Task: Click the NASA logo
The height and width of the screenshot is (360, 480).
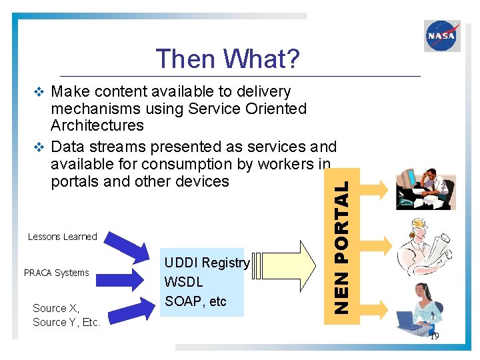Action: coord(442,36)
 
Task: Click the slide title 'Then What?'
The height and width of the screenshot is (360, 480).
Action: coord(227,59)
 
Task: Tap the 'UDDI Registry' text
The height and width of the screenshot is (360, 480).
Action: coord(207,263)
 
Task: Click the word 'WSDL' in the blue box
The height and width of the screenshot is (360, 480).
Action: coord(183,282)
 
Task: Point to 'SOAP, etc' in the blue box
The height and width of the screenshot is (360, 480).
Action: coord(195,301)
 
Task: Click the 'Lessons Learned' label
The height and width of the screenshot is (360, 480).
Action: coord(62,237)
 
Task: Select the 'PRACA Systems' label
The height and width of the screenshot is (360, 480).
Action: coord(56,273)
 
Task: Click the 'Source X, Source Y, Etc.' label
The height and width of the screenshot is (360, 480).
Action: coord(66,315)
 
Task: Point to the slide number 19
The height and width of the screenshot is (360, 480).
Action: coord(434,337)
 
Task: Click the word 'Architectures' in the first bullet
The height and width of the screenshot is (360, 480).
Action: coord(97,125)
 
